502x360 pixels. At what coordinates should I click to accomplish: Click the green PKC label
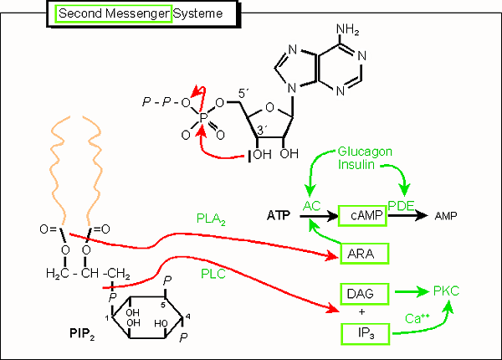click(447, 292)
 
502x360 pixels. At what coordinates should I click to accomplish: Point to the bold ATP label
click(279, 216)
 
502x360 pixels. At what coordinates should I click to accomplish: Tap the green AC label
click(312, 206)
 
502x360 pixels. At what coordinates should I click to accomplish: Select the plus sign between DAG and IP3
click(361, 313)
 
